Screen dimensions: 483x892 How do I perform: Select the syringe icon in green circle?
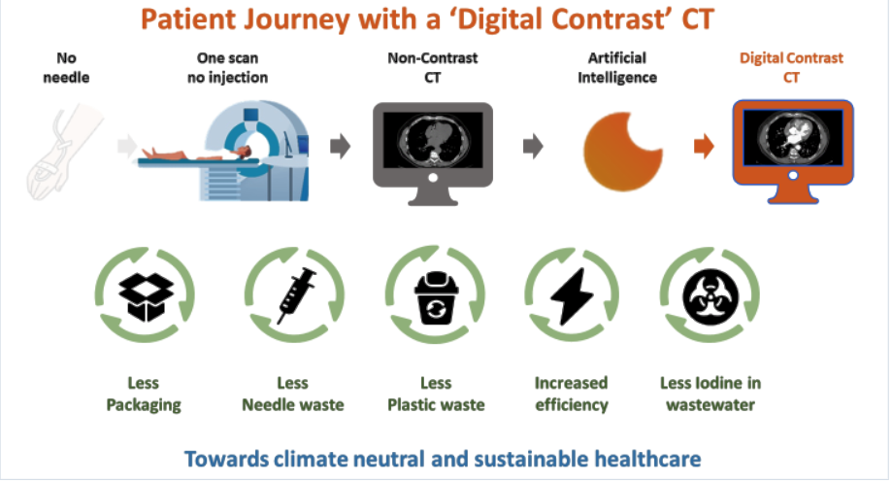tap(292, 294)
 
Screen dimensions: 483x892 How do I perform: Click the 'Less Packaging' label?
tap(143, 394)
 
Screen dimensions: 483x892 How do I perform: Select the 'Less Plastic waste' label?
tap(435, 394)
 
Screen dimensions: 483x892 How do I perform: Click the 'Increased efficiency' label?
tap(571, 394)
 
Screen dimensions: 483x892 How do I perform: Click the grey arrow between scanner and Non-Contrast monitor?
tap(340, 148)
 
